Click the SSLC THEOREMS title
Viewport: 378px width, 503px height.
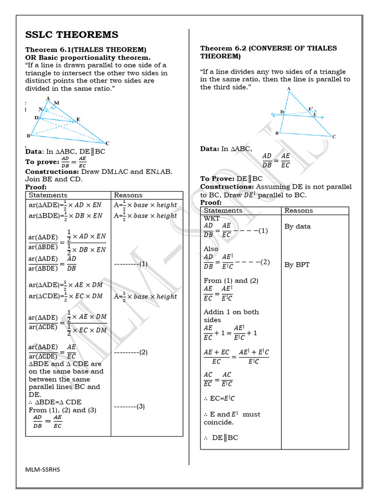72,34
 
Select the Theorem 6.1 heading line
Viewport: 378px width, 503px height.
86,50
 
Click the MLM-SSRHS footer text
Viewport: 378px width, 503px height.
43,469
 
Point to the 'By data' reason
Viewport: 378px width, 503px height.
298,226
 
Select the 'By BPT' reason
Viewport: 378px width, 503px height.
297,265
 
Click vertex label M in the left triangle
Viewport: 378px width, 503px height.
57,103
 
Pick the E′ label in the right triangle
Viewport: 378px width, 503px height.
311,109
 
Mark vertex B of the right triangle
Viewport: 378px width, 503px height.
277,133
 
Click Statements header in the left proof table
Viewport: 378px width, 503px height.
48,195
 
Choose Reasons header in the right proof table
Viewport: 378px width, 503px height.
299,210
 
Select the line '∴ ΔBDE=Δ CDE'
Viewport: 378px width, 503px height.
55,402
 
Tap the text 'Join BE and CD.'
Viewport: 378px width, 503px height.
54,179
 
